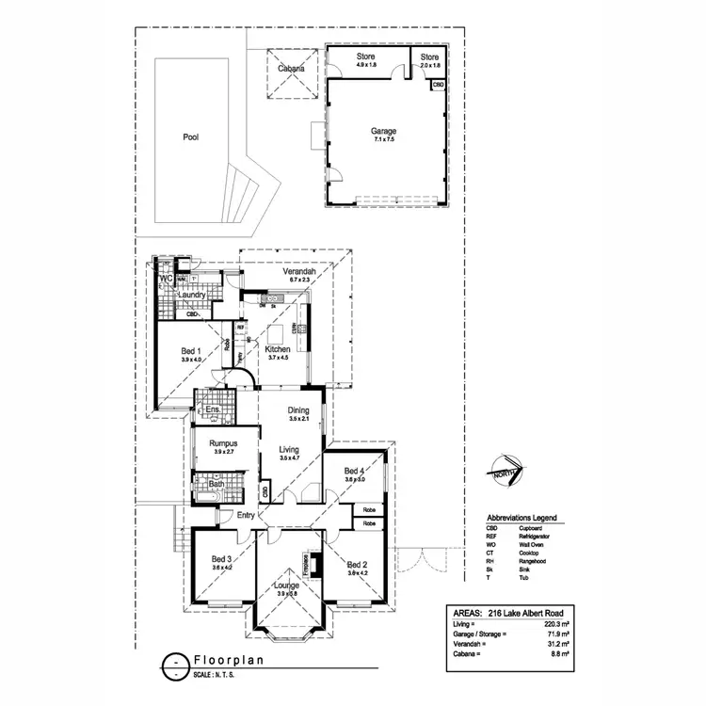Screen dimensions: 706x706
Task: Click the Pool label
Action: [x=191, y=137]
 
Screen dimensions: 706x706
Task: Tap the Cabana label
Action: [x=290, y=69]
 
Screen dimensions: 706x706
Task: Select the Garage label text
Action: [x=383, y=132]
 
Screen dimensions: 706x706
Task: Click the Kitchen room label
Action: [x=278, y=348]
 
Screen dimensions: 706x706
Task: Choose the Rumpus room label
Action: [x=222, y=443]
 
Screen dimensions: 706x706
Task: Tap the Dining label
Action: [x=298, y=409]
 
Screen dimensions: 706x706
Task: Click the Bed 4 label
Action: [x=354, y=471]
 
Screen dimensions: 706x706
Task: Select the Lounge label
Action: [x=286, y=585]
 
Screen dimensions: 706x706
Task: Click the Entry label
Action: [x=246, y=514]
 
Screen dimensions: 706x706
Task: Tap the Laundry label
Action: [x=191, y=295]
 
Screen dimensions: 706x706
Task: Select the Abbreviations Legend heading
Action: [x=521, y=518]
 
